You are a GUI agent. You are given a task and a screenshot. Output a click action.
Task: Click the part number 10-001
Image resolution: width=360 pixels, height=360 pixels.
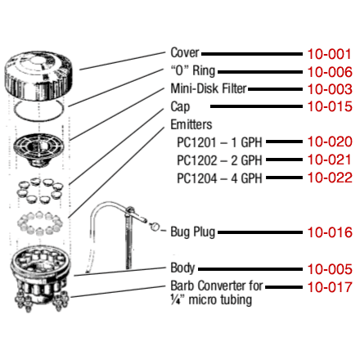tap(329, 54)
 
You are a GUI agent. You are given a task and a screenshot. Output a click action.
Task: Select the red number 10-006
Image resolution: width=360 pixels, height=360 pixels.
tap(330, 72)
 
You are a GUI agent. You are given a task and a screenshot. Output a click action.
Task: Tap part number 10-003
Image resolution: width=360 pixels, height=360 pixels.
tap(330, 89)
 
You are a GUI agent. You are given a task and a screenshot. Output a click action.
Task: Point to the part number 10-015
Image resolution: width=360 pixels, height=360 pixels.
tap(330, 106)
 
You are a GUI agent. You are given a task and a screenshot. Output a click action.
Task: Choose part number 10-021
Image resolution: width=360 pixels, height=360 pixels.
tap(329, 160)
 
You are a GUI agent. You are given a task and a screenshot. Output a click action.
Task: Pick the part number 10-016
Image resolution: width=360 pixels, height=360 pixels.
tap(330, 232)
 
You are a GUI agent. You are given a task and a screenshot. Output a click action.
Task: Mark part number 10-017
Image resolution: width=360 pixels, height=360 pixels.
tap(330, 287)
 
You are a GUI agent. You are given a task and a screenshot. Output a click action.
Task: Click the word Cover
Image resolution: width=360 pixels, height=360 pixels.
tap(185, 52)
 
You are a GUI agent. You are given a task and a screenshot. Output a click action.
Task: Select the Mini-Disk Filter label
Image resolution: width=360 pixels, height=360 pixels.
tap(209, 88)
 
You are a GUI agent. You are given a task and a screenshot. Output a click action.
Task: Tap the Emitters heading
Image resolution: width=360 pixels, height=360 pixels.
tap(191, 124)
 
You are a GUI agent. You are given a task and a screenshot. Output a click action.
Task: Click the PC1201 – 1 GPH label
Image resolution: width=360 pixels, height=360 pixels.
tap(219, 142)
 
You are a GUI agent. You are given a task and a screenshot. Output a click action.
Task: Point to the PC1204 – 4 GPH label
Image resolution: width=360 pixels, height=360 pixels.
tap(219, 178)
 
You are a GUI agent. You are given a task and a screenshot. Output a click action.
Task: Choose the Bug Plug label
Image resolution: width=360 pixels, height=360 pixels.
tap(193, 232)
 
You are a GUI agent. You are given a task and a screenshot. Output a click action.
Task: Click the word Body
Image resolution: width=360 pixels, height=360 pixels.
tap(182, 268)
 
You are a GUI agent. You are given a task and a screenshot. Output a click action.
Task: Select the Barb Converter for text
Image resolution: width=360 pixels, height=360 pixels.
tap(217, 286)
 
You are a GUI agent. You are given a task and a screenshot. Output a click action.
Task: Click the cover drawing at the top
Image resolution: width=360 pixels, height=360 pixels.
tap(39, 75)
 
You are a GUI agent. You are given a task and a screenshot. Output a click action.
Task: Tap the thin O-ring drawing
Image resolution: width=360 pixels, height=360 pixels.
tap(39, 101)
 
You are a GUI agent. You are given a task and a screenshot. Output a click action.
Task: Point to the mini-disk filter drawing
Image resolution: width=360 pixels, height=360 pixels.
tap(38, 150)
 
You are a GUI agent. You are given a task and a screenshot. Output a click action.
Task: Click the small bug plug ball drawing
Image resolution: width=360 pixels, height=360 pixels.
tap(155, 227)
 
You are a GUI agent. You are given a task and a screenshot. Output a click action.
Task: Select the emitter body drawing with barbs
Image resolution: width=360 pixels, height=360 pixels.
tap(40, 278)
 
